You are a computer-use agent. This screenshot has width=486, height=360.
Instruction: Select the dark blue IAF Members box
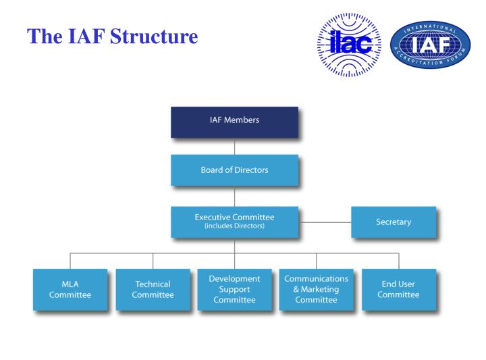click(234, 121)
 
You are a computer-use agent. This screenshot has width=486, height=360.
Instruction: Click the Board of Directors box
click(234, 170)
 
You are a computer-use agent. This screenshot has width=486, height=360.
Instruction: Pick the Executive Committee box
click(234, 221)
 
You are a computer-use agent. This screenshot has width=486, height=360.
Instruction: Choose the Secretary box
click(393, 222)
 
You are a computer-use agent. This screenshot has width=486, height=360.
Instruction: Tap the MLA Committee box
click(70, 289)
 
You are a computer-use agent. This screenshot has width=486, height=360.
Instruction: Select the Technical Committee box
click(153, 289)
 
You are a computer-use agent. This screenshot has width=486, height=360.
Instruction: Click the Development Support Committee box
click(234, 289)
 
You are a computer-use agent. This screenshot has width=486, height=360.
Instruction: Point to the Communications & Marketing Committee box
click(317, 289)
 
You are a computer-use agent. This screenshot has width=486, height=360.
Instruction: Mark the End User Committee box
click(399, 289)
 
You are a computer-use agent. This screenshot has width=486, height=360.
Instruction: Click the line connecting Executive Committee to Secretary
click(325, 222)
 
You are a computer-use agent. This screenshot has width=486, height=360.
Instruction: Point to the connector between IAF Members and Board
click(234, 146)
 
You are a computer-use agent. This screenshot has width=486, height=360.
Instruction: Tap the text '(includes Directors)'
click(234, 226)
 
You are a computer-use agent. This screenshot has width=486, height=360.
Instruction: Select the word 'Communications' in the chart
click(317, 278)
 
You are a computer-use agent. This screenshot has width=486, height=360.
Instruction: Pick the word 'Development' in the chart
click(234, 278)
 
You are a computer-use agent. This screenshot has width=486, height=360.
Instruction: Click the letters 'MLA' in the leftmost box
click(70, 284)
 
